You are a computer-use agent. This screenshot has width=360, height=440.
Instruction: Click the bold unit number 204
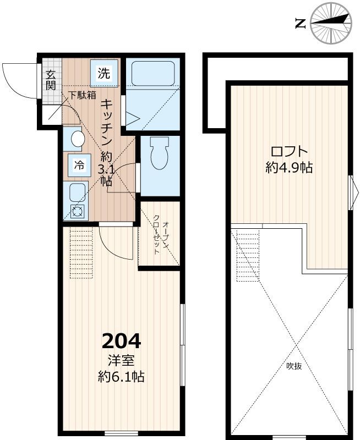(x=121, y=340)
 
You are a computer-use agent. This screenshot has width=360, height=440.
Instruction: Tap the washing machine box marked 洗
(x=103, y=73)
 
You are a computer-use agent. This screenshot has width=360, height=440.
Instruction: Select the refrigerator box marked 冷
(x=79, y=166)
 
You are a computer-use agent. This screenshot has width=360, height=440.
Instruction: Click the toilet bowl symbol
(x=160, y=153)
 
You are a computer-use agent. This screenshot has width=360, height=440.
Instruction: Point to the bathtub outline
(x=153, y=73)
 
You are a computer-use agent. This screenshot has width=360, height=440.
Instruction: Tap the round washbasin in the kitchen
(x=78, y=139)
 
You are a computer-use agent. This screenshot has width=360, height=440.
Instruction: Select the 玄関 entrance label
(x=51, y=80)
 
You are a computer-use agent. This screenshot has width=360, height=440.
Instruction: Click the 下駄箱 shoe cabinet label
(x=83, y=95)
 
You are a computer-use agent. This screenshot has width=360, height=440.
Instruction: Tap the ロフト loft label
(x=289, y=152)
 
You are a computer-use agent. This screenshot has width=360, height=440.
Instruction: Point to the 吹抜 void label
(x=294, y=366)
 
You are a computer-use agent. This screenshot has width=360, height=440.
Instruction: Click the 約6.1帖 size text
(x=121, y=376)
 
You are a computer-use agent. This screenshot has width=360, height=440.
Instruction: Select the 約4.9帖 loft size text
(x=289, y=168)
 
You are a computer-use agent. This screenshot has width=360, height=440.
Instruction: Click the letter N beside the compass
(x=300, y=24)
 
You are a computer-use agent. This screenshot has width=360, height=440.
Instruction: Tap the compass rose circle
(x=331, y=23)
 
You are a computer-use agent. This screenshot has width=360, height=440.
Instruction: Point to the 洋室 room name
(x=121, y=360)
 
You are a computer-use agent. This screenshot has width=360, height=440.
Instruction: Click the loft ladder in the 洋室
(x=81, y=252)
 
